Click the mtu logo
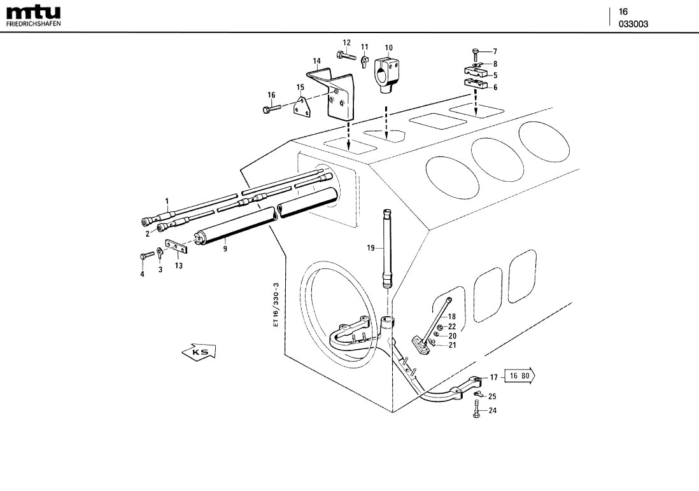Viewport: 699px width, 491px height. [x=34, y=12]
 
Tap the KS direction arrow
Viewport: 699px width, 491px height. [x=199, y=351]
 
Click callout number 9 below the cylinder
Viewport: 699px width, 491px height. [x=225, y=249]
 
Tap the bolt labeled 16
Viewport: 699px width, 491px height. [x=268, y=109]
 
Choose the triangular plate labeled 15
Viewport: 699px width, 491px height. [x=302, y=106]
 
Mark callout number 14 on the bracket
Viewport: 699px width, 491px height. [x=316, y=61]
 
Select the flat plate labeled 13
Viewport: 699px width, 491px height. [x=174, y=246]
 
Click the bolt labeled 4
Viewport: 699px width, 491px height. [x=143, y=256]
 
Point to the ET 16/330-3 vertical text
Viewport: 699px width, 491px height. [x=276, y=305]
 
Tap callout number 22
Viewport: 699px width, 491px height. [x=452, y=326]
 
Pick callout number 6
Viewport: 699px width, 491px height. [x=495, y=87]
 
